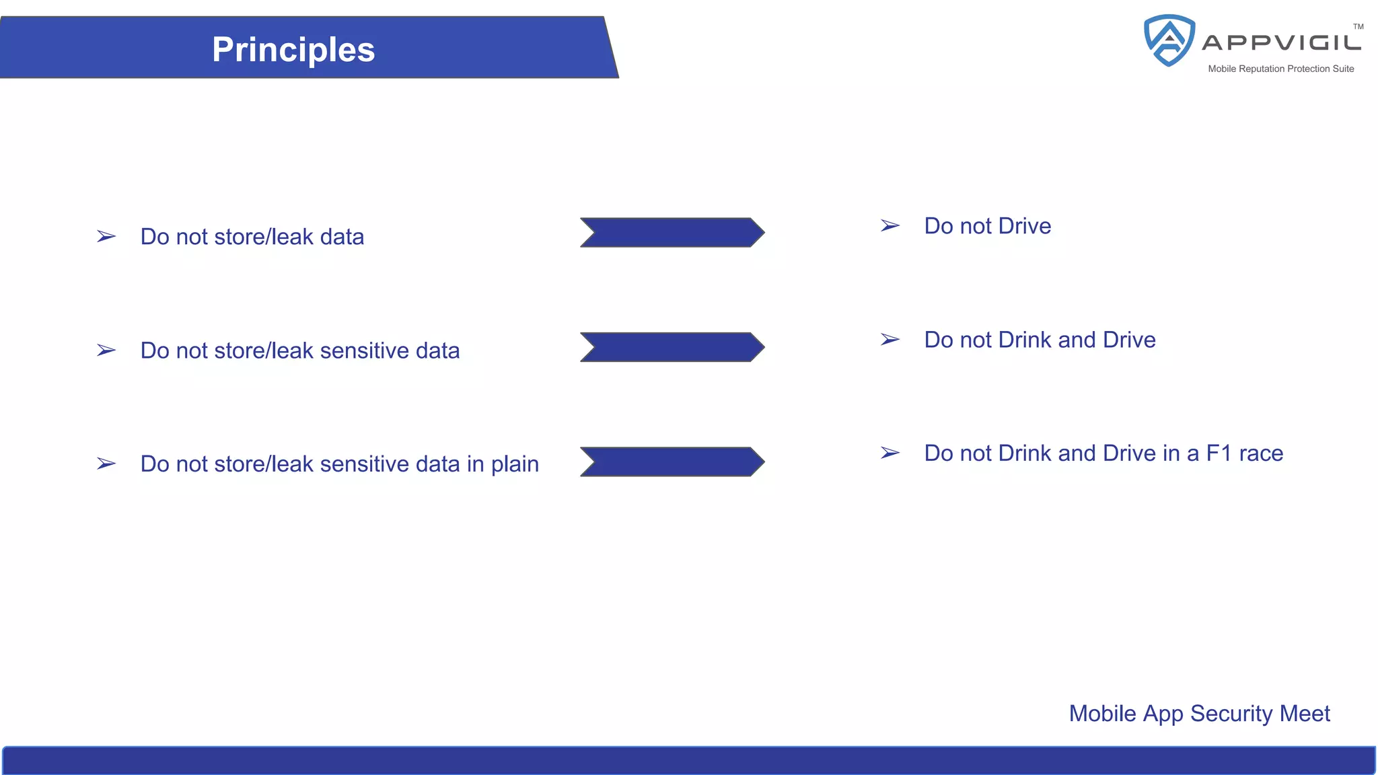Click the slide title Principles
tap(293, 50)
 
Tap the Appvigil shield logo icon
tap(1169, 40)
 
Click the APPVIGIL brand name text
tap(1281, 43)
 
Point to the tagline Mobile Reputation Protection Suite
tap(1280, 69)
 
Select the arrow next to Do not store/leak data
tap(672, 233)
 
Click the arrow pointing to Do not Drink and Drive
tap(672, 347)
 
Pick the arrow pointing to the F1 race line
tap(672, 462)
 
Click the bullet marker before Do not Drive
tap(890, 226)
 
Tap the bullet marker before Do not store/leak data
tap(106, 237)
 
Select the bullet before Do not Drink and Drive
tap(890, 340)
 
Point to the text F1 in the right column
tap(1219, 453)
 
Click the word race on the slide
tap(1261, 454)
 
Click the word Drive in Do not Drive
tap(1025, 226)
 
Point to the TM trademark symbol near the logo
tap(1358, 27)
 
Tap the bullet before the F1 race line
tap(890, 453)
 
